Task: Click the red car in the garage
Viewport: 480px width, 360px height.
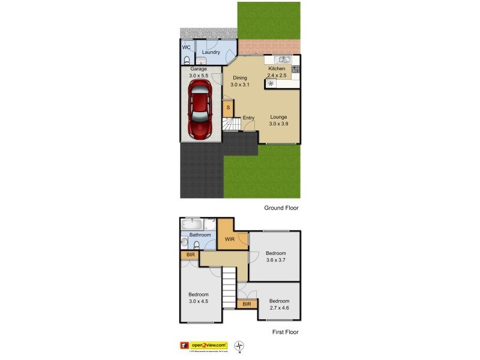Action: point(199,109)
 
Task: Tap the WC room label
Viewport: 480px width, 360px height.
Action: point(186,47)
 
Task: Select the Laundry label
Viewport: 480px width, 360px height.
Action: point(211,52)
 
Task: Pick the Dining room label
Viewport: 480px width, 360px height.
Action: point(240,78)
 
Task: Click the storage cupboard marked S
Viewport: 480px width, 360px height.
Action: point(228,107)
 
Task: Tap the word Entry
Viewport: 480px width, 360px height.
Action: point(248,118)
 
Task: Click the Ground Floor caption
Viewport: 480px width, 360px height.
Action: point(281,208)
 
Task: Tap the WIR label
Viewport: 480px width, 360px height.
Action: point(230,239)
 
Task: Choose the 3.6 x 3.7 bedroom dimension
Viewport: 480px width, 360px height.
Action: point(276,260)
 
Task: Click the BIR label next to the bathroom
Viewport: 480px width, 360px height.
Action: point(190,255)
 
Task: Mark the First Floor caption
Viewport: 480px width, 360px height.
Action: point(281,332)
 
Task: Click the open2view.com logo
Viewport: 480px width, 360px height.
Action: point(208,345)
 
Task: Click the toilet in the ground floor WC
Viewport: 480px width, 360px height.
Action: point(186,61)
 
